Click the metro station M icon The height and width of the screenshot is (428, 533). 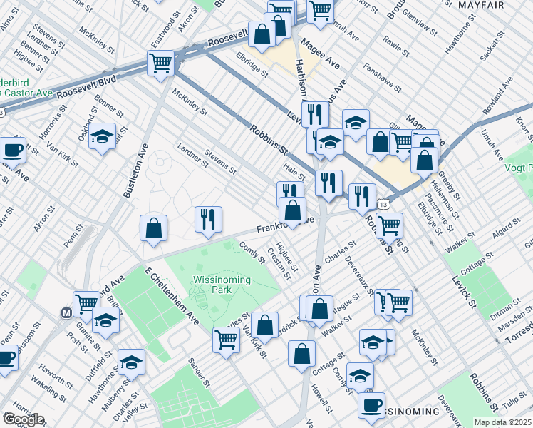coord(66,312)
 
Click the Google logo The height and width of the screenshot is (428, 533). coord(23,419)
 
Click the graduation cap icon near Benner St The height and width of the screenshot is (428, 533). coord(103,136)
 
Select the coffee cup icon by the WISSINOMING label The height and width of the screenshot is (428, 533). coord(371,404)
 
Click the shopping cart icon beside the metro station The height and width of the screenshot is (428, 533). coord(86,303)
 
